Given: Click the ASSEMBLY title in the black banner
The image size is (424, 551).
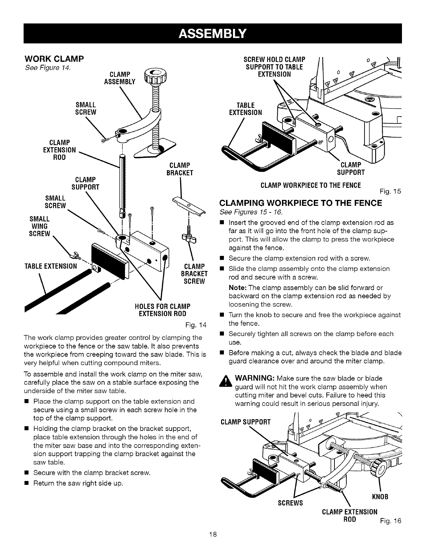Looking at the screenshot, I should pyautogui.click(x=212, y=34).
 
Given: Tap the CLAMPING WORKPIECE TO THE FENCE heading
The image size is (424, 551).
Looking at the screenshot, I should pyautogui.click(x=300, y=203).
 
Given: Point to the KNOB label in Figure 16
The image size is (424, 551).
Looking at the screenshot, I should pyautogui.click(x=380, y=497).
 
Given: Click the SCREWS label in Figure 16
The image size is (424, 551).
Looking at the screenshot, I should pyautogui.click(x=290, y=503).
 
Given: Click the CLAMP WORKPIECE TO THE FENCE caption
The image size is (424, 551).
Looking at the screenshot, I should pyautogui.click(x=311, y=185).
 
